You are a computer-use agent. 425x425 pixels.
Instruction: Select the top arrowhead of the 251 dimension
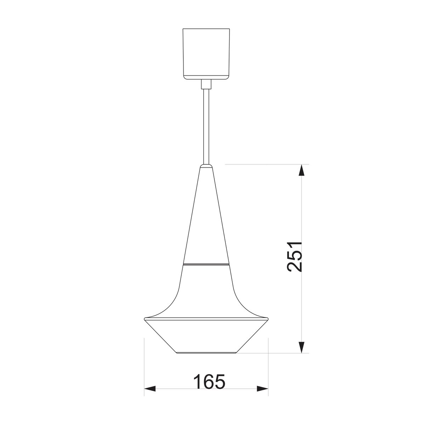click(x=302, y=170)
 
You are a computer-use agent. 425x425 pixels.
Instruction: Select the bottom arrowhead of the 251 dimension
click(x=302, y=347)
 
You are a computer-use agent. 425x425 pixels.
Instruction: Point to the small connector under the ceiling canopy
click(x=206, y=84)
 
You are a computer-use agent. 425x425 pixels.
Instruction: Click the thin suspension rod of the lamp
click(x=206, y=126)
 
